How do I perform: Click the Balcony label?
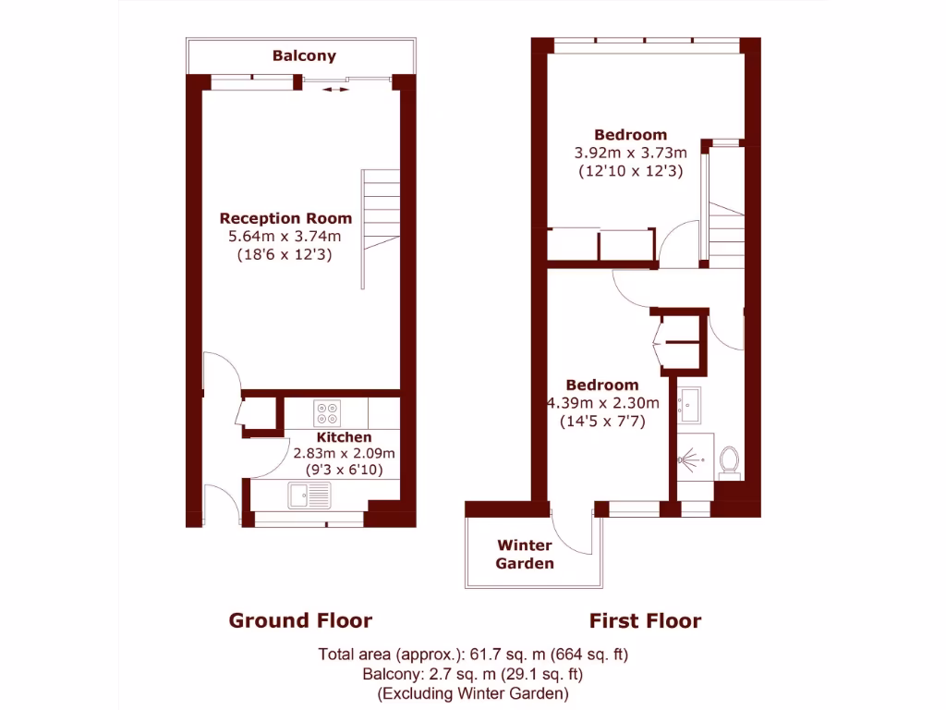point(304,55)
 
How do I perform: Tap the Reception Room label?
point(285,219)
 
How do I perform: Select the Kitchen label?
point(344,437)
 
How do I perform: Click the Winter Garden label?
point(525,554)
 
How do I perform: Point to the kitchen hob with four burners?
point(326,410)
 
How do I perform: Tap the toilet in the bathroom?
point(729,460)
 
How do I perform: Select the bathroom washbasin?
point(688,404)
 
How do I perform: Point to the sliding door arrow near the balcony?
point(336,90)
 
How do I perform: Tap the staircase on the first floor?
point(726,232)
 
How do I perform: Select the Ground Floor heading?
point(300,620)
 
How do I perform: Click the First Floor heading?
point(645,620)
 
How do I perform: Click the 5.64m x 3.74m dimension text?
point(285,237)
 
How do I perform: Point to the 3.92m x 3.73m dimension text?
point(630,153)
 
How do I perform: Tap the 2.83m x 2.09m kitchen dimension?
point(344,454)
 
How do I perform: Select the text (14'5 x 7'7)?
point(601,421)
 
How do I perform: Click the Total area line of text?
point(473,655)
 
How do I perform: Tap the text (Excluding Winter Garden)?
point(473,692)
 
